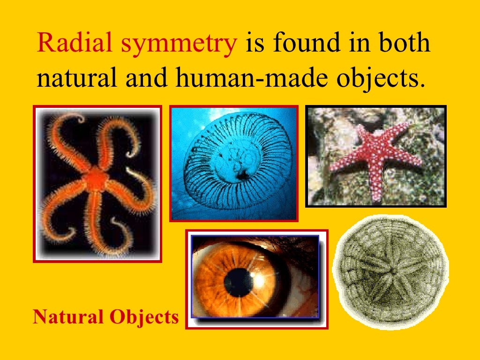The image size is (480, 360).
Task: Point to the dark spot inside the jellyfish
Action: click(242, 176)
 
